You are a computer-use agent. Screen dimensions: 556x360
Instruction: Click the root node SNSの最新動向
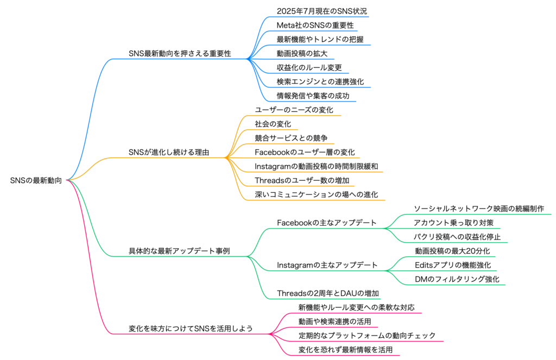pyautogui.click(x=36, y=180)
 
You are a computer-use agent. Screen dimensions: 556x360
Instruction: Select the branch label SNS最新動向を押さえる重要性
pyautogui.click(x=180, y=54)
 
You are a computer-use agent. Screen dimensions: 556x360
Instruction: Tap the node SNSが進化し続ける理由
pyautogui.click(x=169, y=153)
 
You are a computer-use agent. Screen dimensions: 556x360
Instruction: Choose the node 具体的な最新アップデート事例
pyautogui.click(x=179, y=251)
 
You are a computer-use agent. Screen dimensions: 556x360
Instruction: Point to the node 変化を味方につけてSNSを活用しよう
pyautogui.click(x=191, y=329)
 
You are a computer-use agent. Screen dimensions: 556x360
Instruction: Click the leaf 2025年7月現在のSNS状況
pyautogui.click(x=321, y=11)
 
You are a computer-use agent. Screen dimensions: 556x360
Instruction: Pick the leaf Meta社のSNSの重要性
pyautogui.click(x=315, y=26)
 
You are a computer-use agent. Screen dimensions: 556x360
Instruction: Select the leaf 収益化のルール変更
pyautogui.click(x=309, y=68)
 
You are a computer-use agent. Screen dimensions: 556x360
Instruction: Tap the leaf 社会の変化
pyautogui.click(x=273, y=124)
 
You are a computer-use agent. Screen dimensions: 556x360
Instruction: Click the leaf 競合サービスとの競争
pyautogui.click(x=291, y=138)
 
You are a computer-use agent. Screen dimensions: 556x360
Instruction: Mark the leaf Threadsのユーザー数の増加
pyautogui.click(x=302, y=180)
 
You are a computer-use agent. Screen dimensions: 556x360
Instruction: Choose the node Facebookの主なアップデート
pyautogui.click(x=326, y=223)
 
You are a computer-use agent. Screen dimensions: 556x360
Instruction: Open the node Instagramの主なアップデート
pyautogui.click(x=327, y=266)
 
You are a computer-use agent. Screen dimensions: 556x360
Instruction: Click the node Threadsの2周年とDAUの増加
pyautogui.click(x=328, y=293)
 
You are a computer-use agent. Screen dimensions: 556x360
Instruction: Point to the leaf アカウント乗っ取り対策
pyautogui.click(x=453, y=223)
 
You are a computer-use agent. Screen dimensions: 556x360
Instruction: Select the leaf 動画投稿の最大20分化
pyautogui.click(x=452, y=251)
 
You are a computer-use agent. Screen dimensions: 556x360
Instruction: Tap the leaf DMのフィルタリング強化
pyautogui.click(x=457, y=279)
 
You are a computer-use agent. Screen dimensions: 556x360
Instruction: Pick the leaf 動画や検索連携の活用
pyautogui.click(x=334, y=321)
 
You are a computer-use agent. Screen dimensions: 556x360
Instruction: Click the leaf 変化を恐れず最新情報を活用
pyautogui.click(x=345, y=350)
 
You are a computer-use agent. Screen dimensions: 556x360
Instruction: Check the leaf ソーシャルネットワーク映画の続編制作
pyautogui.click(x=479, y=209)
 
